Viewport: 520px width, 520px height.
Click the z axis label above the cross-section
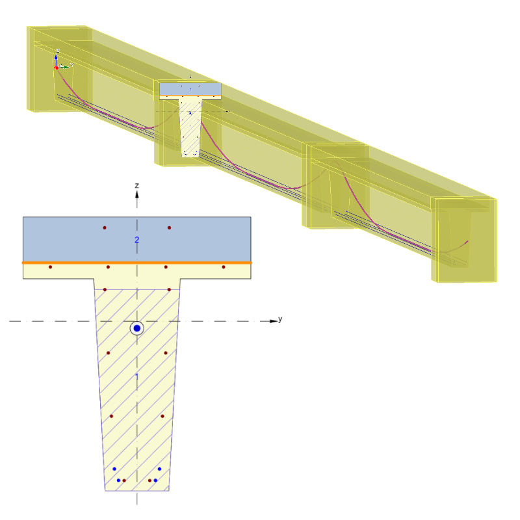(136, 186)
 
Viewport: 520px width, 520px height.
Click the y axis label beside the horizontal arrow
(280, 319)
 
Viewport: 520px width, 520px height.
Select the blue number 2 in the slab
(136, 240)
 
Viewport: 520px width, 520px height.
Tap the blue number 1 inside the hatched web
(136, 377)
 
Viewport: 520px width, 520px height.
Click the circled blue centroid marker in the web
(136, 328)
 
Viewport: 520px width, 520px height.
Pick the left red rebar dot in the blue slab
(104, 227)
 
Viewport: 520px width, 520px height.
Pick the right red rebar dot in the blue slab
(170, 227)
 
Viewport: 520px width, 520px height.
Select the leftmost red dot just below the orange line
(50, 267)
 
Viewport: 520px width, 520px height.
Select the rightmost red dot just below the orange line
(224, 267)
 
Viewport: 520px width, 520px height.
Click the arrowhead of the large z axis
(136, 193)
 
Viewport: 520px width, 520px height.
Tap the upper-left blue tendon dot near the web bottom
(114, 469)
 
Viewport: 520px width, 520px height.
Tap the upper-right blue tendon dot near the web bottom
(159, 469)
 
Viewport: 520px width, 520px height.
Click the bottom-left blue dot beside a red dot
(118, 480)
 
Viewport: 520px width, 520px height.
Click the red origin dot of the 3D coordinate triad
(57, 67)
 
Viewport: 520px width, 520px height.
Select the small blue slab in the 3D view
(190, 88)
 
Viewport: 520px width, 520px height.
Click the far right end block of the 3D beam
(465, 240)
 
